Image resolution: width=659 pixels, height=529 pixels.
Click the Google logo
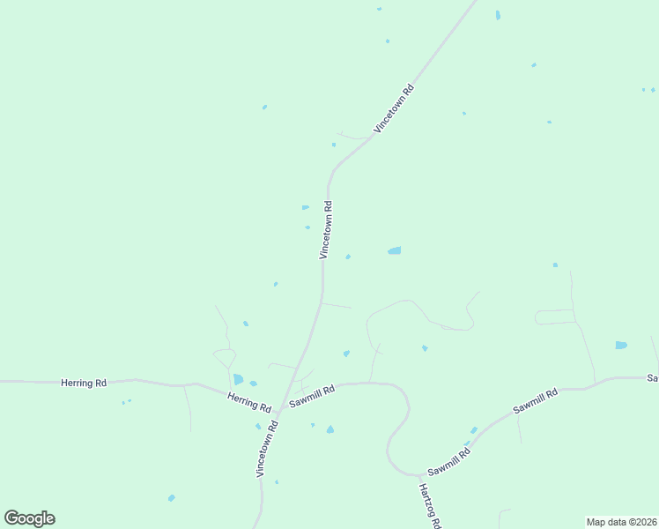(29, 518)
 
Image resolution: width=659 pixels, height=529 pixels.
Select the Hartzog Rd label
(429, 505)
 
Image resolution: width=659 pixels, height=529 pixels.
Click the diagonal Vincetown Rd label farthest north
(394, 108)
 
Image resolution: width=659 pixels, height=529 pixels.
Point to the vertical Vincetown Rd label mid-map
(325, 230)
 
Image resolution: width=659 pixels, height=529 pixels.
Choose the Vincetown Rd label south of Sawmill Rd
(268, 449)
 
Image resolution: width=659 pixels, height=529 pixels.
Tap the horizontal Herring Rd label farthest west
(84, 383)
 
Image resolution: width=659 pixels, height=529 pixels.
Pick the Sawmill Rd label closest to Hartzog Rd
(450, 461)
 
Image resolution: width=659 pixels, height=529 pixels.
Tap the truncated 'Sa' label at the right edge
(653, 378)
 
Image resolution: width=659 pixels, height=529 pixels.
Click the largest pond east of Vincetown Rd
(395, 251)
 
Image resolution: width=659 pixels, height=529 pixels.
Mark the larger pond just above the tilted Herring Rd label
(238, 379)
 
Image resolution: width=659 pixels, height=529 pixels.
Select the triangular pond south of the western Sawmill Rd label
(330, 429)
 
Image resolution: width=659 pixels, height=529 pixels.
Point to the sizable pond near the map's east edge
(621, 345)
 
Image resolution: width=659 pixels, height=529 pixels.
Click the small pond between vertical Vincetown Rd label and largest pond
(349, 257)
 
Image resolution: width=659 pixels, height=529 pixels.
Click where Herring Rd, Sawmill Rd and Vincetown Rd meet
(284, 406)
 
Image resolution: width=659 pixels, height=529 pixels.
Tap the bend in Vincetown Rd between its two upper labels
(331, 172)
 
